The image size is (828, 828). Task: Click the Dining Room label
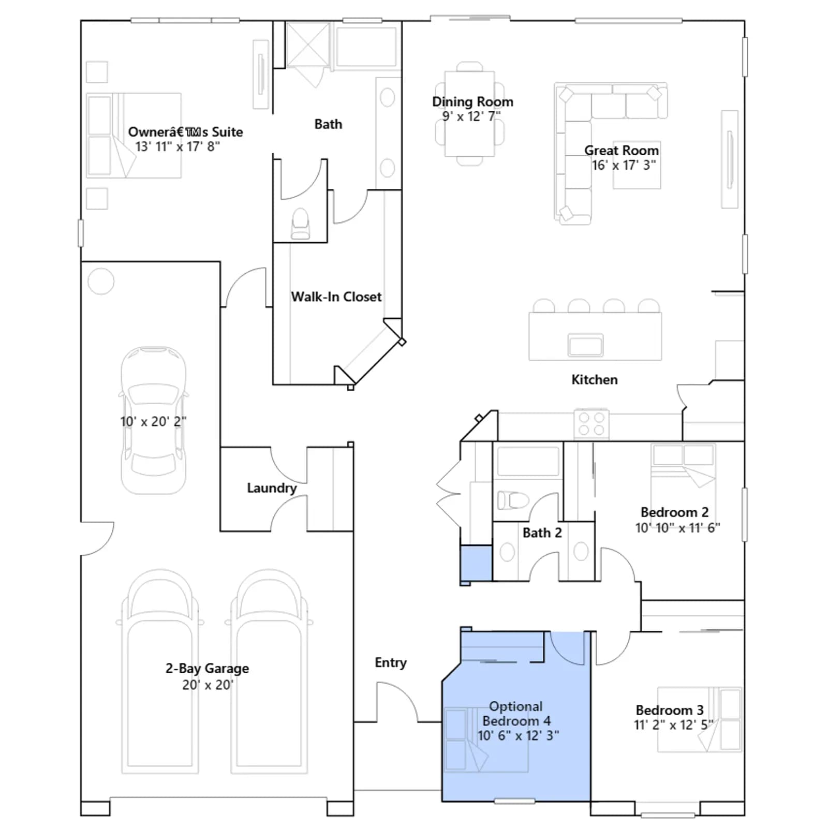(x=472, y=102)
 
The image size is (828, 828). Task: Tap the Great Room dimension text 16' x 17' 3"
(x=624, y=165)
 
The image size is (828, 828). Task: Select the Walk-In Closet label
(x=336, y=297)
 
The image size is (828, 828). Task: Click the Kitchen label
(x=595, y=379)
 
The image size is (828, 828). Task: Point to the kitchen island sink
(x=585, y=345)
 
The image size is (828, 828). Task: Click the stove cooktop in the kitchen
(x=592, y=424)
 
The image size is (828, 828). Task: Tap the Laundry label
(x=272, y=488)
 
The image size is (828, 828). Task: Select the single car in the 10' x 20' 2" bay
(x=153, y=420)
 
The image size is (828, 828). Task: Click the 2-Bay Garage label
(x=207, y=668)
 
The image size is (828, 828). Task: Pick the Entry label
(x=391, y=662)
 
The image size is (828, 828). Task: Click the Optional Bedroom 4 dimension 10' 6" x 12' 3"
(x=518, y=735)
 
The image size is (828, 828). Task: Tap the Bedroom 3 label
(x=670, y=710)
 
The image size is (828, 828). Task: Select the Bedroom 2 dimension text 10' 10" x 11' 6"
(x=677, y=527)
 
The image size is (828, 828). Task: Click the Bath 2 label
(x=542, y=533)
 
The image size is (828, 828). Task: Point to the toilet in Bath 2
(x=513, y=500)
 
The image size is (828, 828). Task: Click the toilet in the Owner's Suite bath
(x=301, y=225)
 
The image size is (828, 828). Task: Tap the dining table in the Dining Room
(x=470, y=114)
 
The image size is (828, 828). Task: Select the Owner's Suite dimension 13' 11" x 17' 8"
(x=178, y=146)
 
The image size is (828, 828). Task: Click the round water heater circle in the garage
(x=101, y=282)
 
